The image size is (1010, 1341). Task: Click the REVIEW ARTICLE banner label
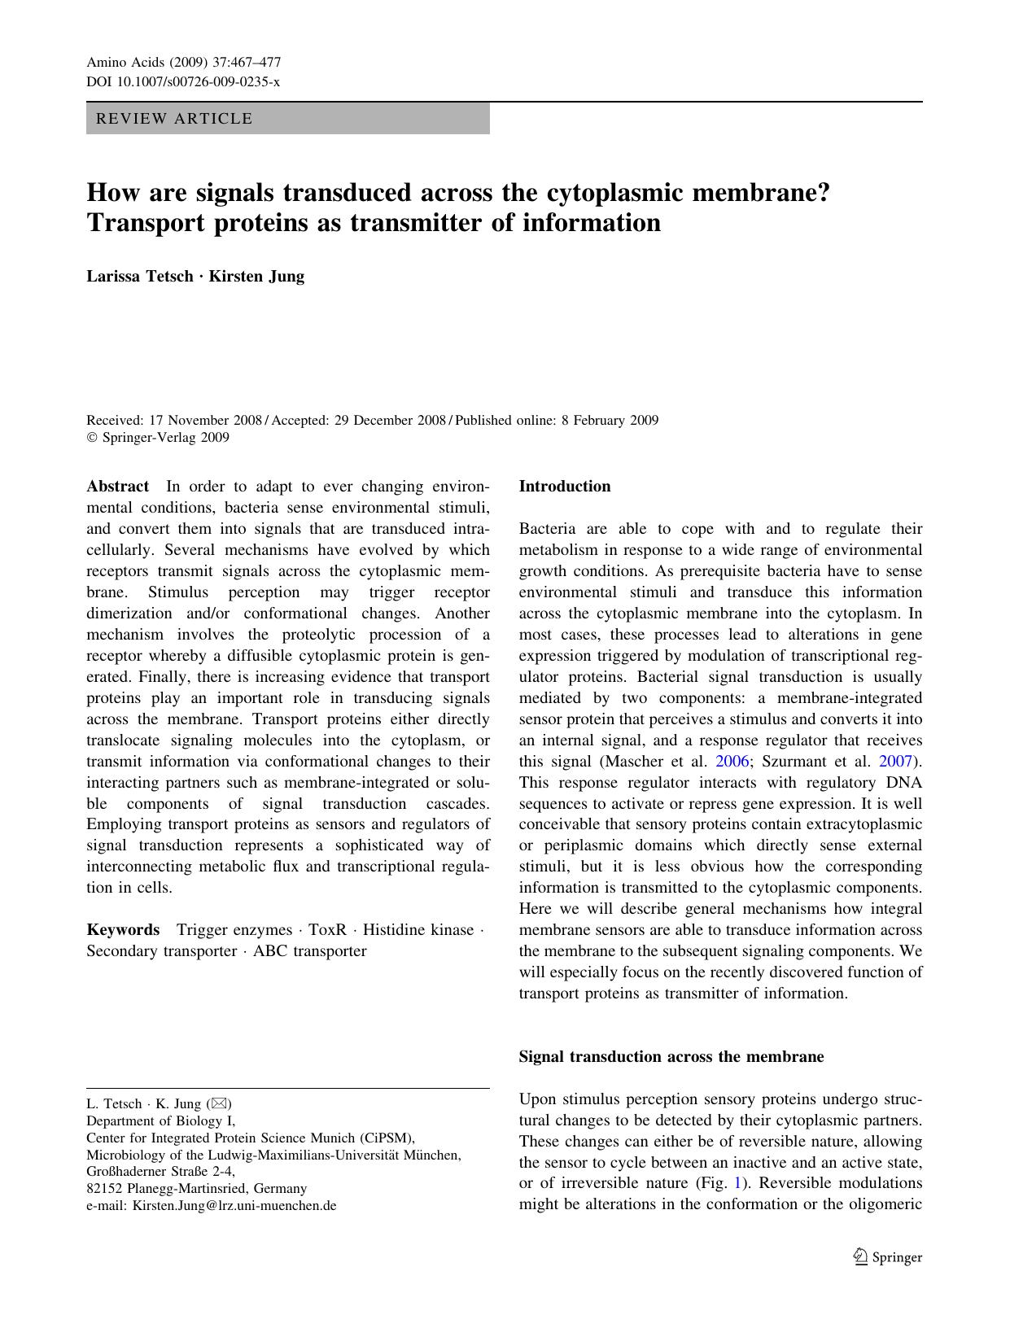pos(174,119)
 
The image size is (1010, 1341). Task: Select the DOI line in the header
pos(183,81)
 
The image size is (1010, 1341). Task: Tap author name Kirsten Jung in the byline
pos(256,276)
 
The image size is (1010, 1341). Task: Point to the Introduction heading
pos(564,487)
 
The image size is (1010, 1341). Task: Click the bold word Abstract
pos(118,487)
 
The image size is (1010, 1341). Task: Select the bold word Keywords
pos(123,930)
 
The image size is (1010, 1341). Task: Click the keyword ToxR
pos(327,930)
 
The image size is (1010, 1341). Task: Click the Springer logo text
pos(897,1257)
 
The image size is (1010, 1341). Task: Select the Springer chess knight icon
pos(860,1257)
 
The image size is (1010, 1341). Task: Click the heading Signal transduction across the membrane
pos(671,1057)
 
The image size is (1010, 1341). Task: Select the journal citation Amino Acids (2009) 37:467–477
pos(184,63)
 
